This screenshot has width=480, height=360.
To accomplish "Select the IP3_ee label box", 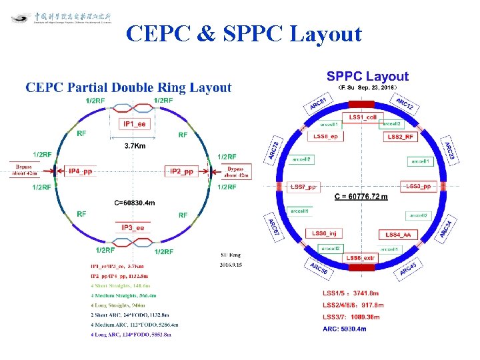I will [135, 228].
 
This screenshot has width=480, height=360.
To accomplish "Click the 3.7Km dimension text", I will [136, 146].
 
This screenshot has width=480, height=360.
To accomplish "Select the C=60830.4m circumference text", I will [135, 203].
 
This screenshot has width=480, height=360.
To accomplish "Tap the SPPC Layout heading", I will [367, 77].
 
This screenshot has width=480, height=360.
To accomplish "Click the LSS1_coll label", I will [364, 117].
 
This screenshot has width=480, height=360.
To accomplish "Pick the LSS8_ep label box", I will [326, 137].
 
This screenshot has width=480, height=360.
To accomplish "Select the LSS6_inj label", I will [326, 233].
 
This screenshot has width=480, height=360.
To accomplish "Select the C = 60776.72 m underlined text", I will [361, 197].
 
